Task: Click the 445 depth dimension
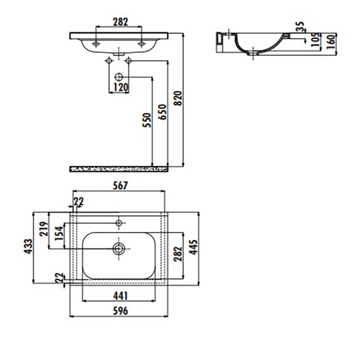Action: (194, 250)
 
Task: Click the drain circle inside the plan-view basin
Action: (119, 249)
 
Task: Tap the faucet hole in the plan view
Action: (119, 223)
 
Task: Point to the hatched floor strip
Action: (119, 168)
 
